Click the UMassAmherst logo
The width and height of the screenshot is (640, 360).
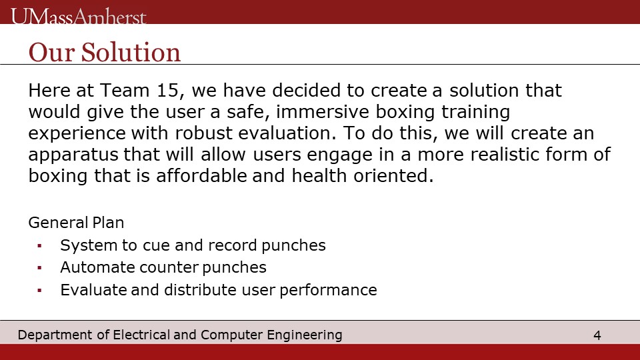point(79,16)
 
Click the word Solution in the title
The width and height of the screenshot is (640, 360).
point(131,52)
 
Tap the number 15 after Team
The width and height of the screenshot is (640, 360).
point(168,90)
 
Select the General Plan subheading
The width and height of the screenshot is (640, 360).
point(76,223)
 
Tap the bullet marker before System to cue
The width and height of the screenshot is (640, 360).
point(39,246)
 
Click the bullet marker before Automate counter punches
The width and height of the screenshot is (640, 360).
point(39,268)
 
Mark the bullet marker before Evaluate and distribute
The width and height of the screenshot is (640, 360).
point(39,290)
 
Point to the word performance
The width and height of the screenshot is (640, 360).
point(328,290)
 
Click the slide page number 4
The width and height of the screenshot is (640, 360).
point(597,335)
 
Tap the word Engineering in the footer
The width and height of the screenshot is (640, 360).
point(305,335)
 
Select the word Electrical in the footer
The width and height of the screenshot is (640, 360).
point(141,335)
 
